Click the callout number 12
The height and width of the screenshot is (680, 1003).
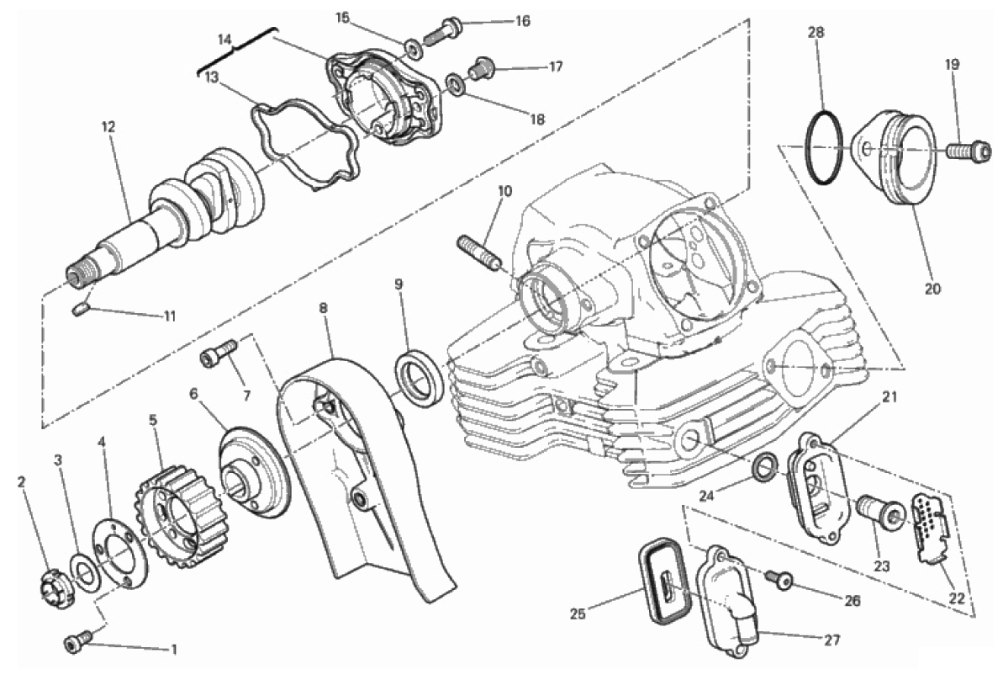(108, 127)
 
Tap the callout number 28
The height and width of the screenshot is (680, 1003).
(816, 32)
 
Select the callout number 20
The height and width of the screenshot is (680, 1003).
(932, 289)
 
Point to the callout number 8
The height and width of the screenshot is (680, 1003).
(323, 308)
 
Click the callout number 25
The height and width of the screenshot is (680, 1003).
(578, 614)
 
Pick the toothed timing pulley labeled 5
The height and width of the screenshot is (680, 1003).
(181, 523)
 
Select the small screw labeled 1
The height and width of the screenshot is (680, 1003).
(77, 643)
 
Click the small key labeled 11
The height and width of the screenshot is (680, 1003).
(80, 310)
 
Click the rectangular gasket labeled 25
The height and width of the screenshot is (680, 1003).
(665, 580)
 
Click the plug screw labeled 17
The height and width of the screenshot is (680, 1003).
(480, 68)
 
